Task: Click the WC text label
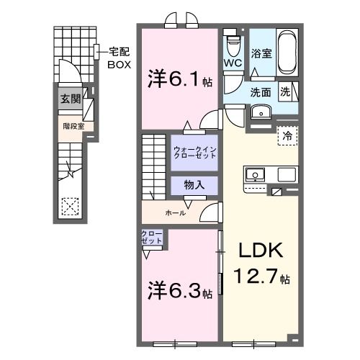coord(232,63)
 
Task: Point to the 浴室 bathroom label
coord(261,53)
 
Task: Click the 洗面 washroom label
coord(261,92)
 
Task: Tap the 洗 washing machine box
coord(285,91)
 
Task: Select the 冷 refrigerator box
coord(287,135)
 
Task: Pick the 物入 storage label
coord(194,184)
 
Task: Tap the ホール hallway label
coord(176,213)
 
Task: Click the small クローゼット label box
coord(151,238)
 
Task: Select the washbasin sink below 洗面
coord(259,112)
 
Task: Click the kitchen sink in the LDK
coord(256,175)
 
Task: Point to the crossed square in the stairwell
coord(70,207)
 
